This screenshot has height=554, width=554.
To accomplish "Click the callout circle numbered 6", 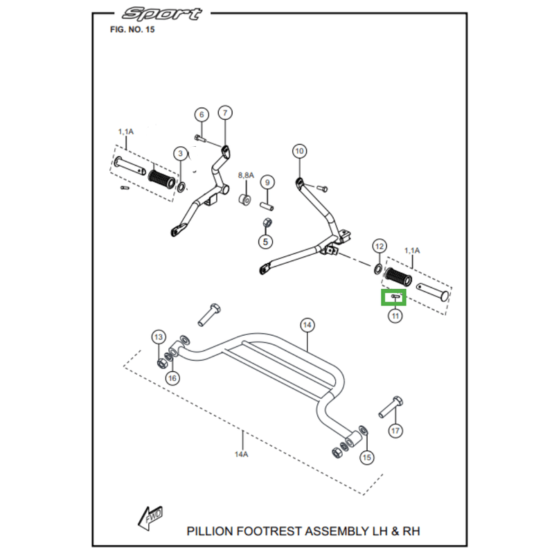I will (x=201, y=115).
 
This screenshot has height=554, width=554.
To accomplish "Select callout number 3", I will (x=179, y=154).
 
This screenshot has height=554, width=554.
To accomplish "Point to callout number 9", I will (x=268, y=183).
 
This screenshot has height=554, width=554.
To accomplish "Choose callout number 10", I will (x=299, y=151).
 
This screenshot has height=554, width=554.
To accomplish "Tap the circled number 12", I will (x=379, y=246).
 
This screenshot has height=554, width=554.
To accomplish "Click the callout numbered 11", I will (x=395, y=316).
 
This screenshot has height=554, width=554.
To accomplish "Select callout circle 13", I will (x=159, y=337).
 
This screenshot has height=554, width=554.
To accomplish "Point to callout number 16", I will (x=172, y=377).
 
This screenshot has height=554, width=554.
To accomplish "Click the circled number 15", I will (x=367, y=457).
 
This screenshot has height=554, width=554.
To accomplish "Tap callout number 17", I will (x=395, y=431).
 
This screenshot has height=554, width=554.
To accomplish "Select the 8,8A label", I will (x=247, y=176).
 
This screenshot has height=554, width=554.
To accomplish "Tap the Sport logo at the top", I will (x=162, y=14).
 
